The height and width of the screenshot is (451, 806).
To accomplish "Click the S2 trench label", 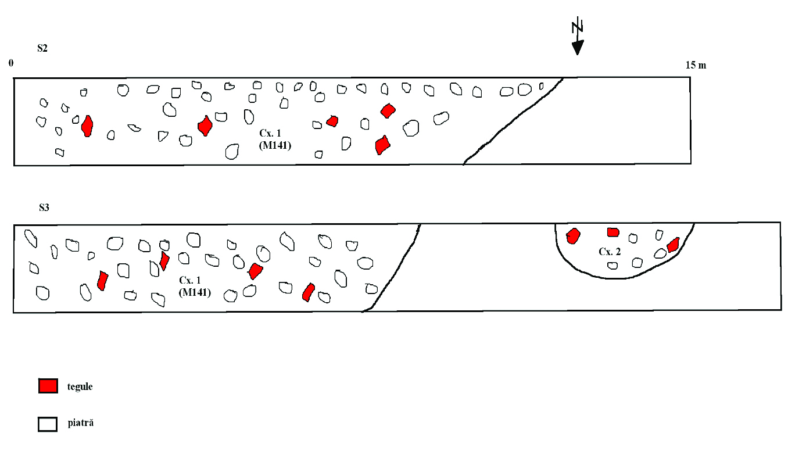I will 42,48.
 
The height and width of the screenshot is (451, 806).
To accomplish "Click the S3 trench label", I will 44,207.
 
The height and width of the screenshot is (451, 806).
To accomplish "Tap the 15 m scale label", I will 696,65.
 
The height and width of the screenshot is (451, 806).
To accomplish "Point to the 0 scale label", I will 10,63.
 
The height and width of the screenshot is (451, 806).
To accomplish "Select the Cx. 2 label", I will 610,252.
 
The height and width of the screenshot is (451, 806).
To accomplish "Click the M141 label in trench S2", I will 275,146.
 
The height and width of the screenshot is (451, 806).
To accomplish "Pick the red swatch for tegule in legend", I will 48,386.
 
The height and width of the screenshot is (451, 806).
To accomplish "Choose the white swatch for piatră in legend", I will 48,424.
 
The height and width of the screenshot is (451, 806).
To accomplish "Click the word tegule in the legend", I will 80,386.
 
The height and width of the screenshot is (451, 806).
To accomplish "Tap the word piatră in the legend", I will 80,423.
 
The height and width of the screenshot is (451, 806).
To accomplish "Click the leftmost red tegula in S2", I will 87,126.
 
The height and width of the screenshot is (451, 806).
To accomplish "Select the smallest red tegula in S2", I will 332,121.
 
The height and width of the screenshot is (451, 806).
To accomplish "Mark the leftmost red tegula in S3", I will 103,280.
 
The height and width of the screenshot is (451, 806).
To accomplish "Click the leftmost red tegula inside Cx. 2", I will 573,235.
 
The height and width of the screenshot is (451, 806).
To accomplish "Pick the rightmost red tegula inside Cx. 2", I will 673,245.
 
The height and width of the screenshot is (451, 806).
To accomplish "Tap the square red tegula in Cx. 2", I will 613,232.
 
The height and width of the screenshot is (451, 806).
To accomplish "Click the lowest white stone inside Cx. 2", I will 612,266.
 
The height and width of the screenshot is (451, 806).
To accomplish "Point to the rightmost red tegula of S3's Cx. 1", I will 309,292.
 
